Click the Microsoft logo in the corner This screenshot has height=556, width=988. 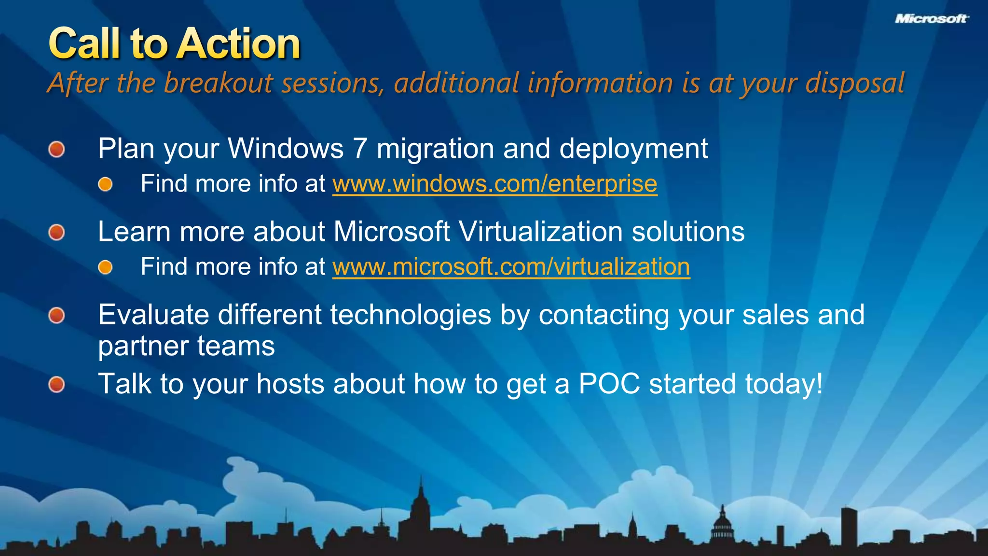[x=932, y=19]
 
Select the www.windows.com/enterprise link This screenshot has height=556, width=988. [x=494, y=184]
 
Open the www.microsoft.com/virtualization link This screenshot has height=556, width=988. [x=511, y=267]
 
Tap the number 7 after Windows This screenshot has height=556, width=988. [x=360, y=148]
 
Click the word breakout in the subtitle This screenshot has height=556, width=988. [x=218, y=83]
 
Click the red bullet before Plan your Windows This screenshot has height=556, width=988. [x=57, y=149]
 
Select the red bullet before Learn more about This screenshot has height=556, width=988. [x=57, y=232]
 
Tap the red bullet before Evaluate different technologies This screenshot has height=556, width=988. [x=57, y=316]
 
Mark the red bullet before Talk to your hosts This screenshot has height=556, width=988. [x=57, y=385]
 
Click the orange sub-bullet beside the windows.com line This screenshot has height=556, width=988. [x=105, y=184]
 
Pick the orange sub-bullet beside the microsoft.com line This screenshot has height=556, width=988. [x=105, y=267]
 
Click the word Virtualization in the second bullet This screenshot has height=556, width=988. [x=540, y=232]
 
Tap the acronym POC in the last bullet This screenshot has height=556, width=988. [x=609, y=384]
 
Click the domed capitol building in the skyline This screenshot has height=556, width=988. [x=722, y=526]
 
